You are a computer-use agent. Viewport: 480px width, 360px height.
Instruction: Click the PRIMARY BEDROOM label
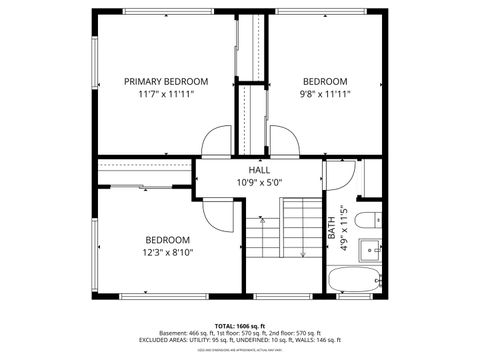(x=166, y=81)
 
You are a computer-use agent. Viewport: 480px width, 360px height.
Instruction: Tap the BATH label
(x=332, y=228)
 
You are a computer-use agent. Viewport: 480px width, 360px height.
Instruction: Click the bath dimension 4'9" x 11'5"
(x=343, y=228)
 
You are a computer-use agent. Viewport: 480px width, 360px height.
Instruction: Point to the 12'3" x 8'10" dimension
(x=167, y=252)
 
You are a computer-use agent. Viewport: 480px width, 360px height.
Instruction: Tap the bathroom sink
(x=372, y=246)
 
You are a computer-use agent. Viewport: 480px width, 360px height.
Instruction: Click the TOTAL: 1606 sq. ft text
(x=240, y=326)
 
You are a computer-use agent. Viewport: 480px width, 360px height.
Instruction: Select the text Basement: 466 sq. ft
(x=190, y=333)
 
